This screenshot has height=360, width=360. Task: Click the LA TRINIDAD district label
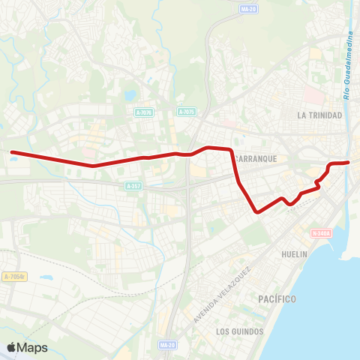tap(319, 115)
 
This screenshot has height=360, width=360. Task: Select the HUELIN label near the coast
tap(294, 254)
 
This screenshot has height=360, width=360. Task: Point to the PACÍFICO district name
tap(277, 299)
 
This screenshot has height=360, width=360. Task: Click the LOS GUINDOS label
tap(239, 331)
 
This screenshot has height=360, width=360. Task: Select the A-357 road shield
tap(133, 186)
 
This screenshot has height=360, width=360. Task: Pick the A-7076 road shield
tap(144, 112)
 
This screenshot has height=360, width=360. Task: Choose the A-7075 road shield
tap(187, 112)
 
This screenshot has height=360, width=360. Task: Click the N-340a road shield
tap(321, 233)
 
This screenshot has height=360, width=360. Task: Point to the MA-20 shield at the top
tap(248, 10)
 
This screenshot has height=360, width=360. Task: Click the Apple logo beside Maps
tap(12, 347)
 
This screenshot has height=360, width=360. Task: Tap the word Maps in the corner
tap(32, 348)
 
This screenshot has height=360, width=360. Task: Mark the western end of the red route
tap(11, 152)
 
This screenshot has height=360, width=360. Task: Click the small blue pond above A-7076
tap(132, 95)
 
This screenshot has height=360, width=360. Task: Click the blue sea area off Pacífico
tap(330, 315)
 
